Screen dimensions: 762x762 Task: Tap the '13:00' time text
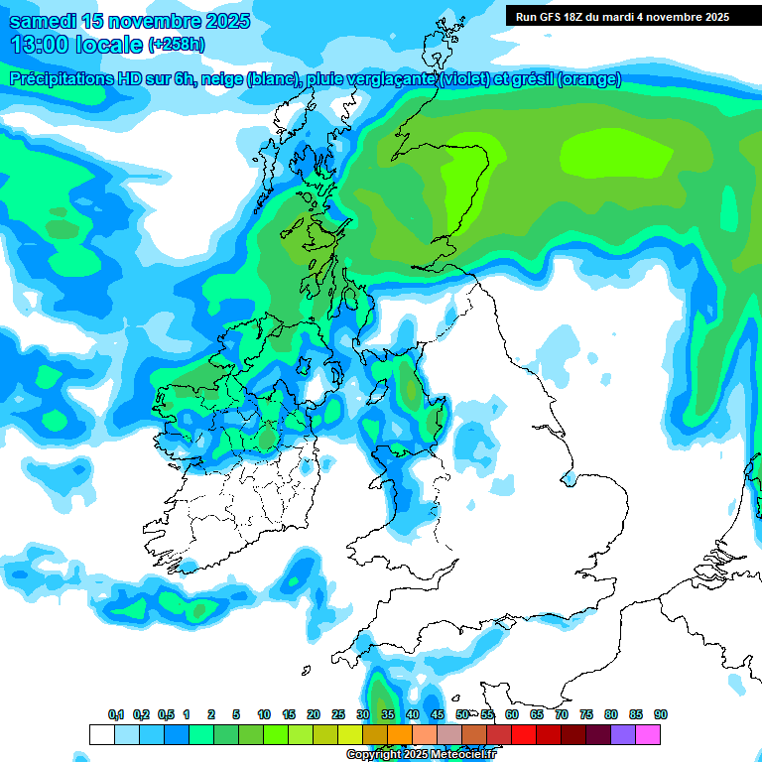click(x=39, y=45)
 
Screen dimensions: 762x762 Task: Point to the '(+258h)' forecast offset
click(x=177, y=45)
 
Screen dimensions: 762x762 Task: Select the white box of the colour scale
click(x=101, y=734)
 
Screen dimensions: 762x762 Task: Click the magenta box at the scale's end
click(x=649, y=734)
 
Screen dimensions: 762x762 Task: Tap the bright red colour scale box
click(x=524, y=734)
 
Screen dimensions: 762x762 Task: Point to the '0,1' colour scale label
click(x=116, y=714)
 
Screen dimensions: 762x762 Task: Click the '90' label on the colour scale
click(x=661, y=714)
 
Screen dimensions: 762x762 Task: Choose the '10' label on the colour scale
click(x=264, y=714)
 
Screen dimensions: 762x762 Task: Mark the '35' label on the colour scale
click(x=388, y=714)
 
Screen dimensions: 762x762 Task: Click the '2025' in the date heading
click(x=223, y=21)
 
